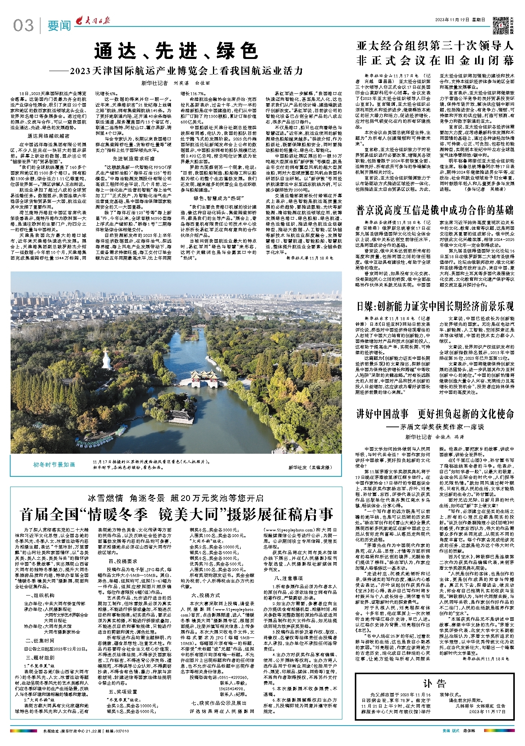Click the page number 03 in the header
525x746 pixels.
click(23, 25)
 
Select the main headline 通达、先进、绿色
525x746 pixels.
click(176, 51)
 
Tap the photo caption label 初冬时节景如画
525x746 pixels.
click(54, 464)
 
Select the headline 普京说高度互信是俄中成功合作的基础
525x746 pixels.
click(435, 210)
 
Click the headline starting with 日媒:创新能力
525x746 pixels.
click(435, 306)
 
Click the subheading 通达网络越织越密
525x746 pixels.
click(48, 136)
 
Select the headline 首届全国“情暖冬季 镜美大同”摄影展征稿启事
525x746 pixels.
click(177, 514)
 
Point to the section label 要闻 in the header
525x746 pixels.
click(59, 26)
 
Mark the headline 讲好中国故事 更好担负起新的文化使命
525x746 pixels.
click(435, 414)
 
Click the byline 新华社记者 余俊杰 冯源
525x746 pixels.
click(435, 437)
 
